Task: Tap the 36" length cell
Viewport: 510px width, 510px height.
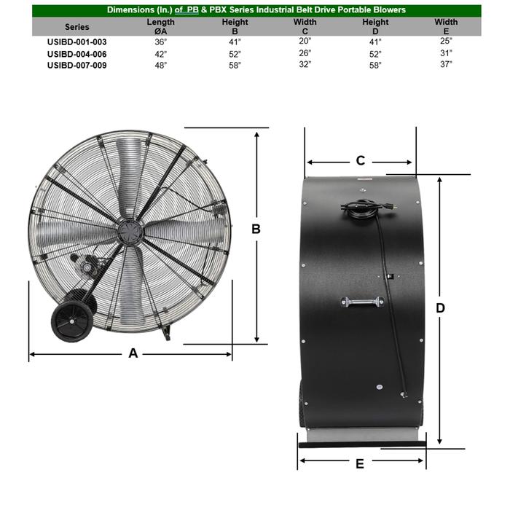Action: tap(160, 42)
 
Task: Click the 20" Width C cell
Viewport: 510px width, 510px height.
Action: tap(305, 42)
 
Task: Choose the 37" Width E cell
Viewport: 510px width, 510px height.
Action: tap(446, 64)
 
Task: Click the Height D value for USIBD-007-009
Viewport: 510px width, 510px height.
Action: tap(376, 64)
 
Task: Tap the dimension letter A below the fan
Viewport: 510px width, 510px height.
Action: tap(133, 353)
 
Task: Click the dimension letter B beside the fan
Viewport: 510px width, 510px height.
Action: tap(256, 229)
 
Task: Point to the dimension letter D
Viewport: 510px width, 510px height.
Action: tap(440, 308)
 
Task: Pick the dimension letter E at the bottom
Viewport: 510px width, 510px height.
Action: tap(360, 463)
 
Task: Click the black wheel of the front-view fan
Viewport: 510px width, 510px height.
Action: tap(71, 319)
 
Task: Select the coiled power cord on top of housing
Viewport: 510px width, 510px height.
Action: tap(362, 208)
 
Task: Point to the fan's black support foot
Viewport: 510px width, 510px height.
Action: tap(167, 333)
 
